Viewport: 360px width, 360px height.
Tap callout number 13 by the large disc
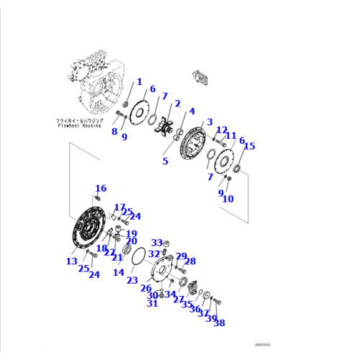coord(71,261)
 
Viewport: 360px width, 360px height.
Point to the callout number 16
coord(101,189)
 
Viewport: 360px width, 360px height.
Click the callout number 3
coord(210,122)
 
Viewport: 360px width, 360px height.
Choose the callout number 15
coord(249,147)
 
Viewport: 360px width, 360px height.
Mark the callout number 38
coord(219,323)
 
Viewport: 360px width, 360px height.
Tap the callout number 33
coord(157,243)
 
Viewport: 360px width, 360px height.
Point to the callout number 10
coord(228,199)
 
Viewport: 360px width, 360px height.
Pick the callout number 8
coord(114,132)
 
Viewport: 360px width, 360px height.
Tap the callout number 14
coord(118,273)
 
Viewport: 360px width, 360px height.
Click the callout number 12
coord(221,129)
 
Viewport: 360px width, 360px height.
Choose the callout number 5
coord(165,162)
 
